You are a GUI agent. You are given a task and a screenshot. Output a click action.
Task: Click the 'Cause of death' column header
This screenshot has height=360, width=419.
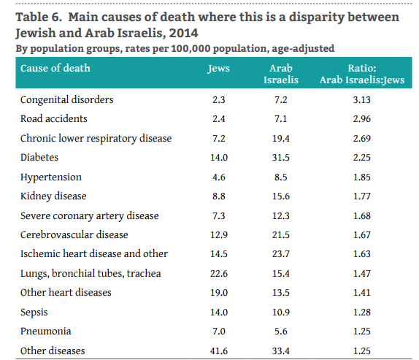pos(55,69)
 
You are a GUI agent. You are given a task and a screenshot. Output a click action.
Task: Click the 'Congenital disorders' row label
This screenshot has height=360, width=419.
pos(66,99)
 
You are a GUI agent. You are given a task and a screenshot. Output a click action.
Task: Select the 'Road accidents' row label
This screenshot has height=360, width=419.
pos(54,118)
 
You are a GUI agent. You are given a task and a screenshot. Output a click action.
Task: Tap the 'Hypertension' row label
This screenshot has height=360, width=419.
pos(51,177)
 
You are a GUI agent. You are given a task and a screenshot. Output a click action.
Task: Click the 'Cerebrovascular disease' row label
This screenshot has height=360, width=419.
pos(74,234)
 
